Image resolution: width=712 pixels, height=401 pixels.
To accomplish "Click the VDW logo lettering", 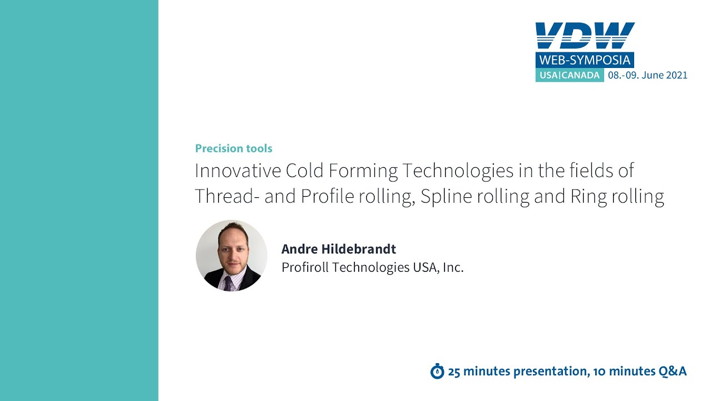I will pyautogui.click(x=585, y=36).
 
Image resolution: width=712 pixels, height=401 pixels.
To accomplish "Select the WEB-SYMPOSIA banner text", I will pyautogui.click(x=585, y=60).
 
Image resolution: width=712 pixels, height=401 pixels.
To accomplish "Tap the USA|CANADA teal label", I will pyautogui.click(x=569, y=75).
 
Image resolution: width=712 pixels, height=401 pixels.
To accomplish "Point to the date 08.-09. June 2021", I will pyautogui.click(x=647, y=75).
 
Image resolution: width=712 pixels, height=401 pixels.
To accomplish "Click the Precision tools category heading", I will pyautogui.click(x=234, y=149).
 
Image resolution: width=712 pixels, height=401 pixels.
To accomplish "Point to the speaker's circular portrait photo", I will pyautogui.click(x=231, y=256).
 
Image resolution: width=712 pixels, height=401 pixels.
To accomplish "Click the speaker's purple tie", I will pyautogui.click(x=228, y=283).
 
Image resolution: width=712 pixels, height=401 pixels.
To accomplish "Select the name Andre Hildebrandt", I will pyautogui.click(x=338, y=249).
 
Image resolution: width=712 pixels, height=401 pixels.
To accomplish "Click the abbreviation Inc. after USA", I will pyautogui.click(x=453, y=267).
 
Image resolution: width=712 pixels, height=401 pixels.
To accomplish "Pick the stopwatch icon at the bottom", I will pyautogui.click(x=437, y=371).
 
